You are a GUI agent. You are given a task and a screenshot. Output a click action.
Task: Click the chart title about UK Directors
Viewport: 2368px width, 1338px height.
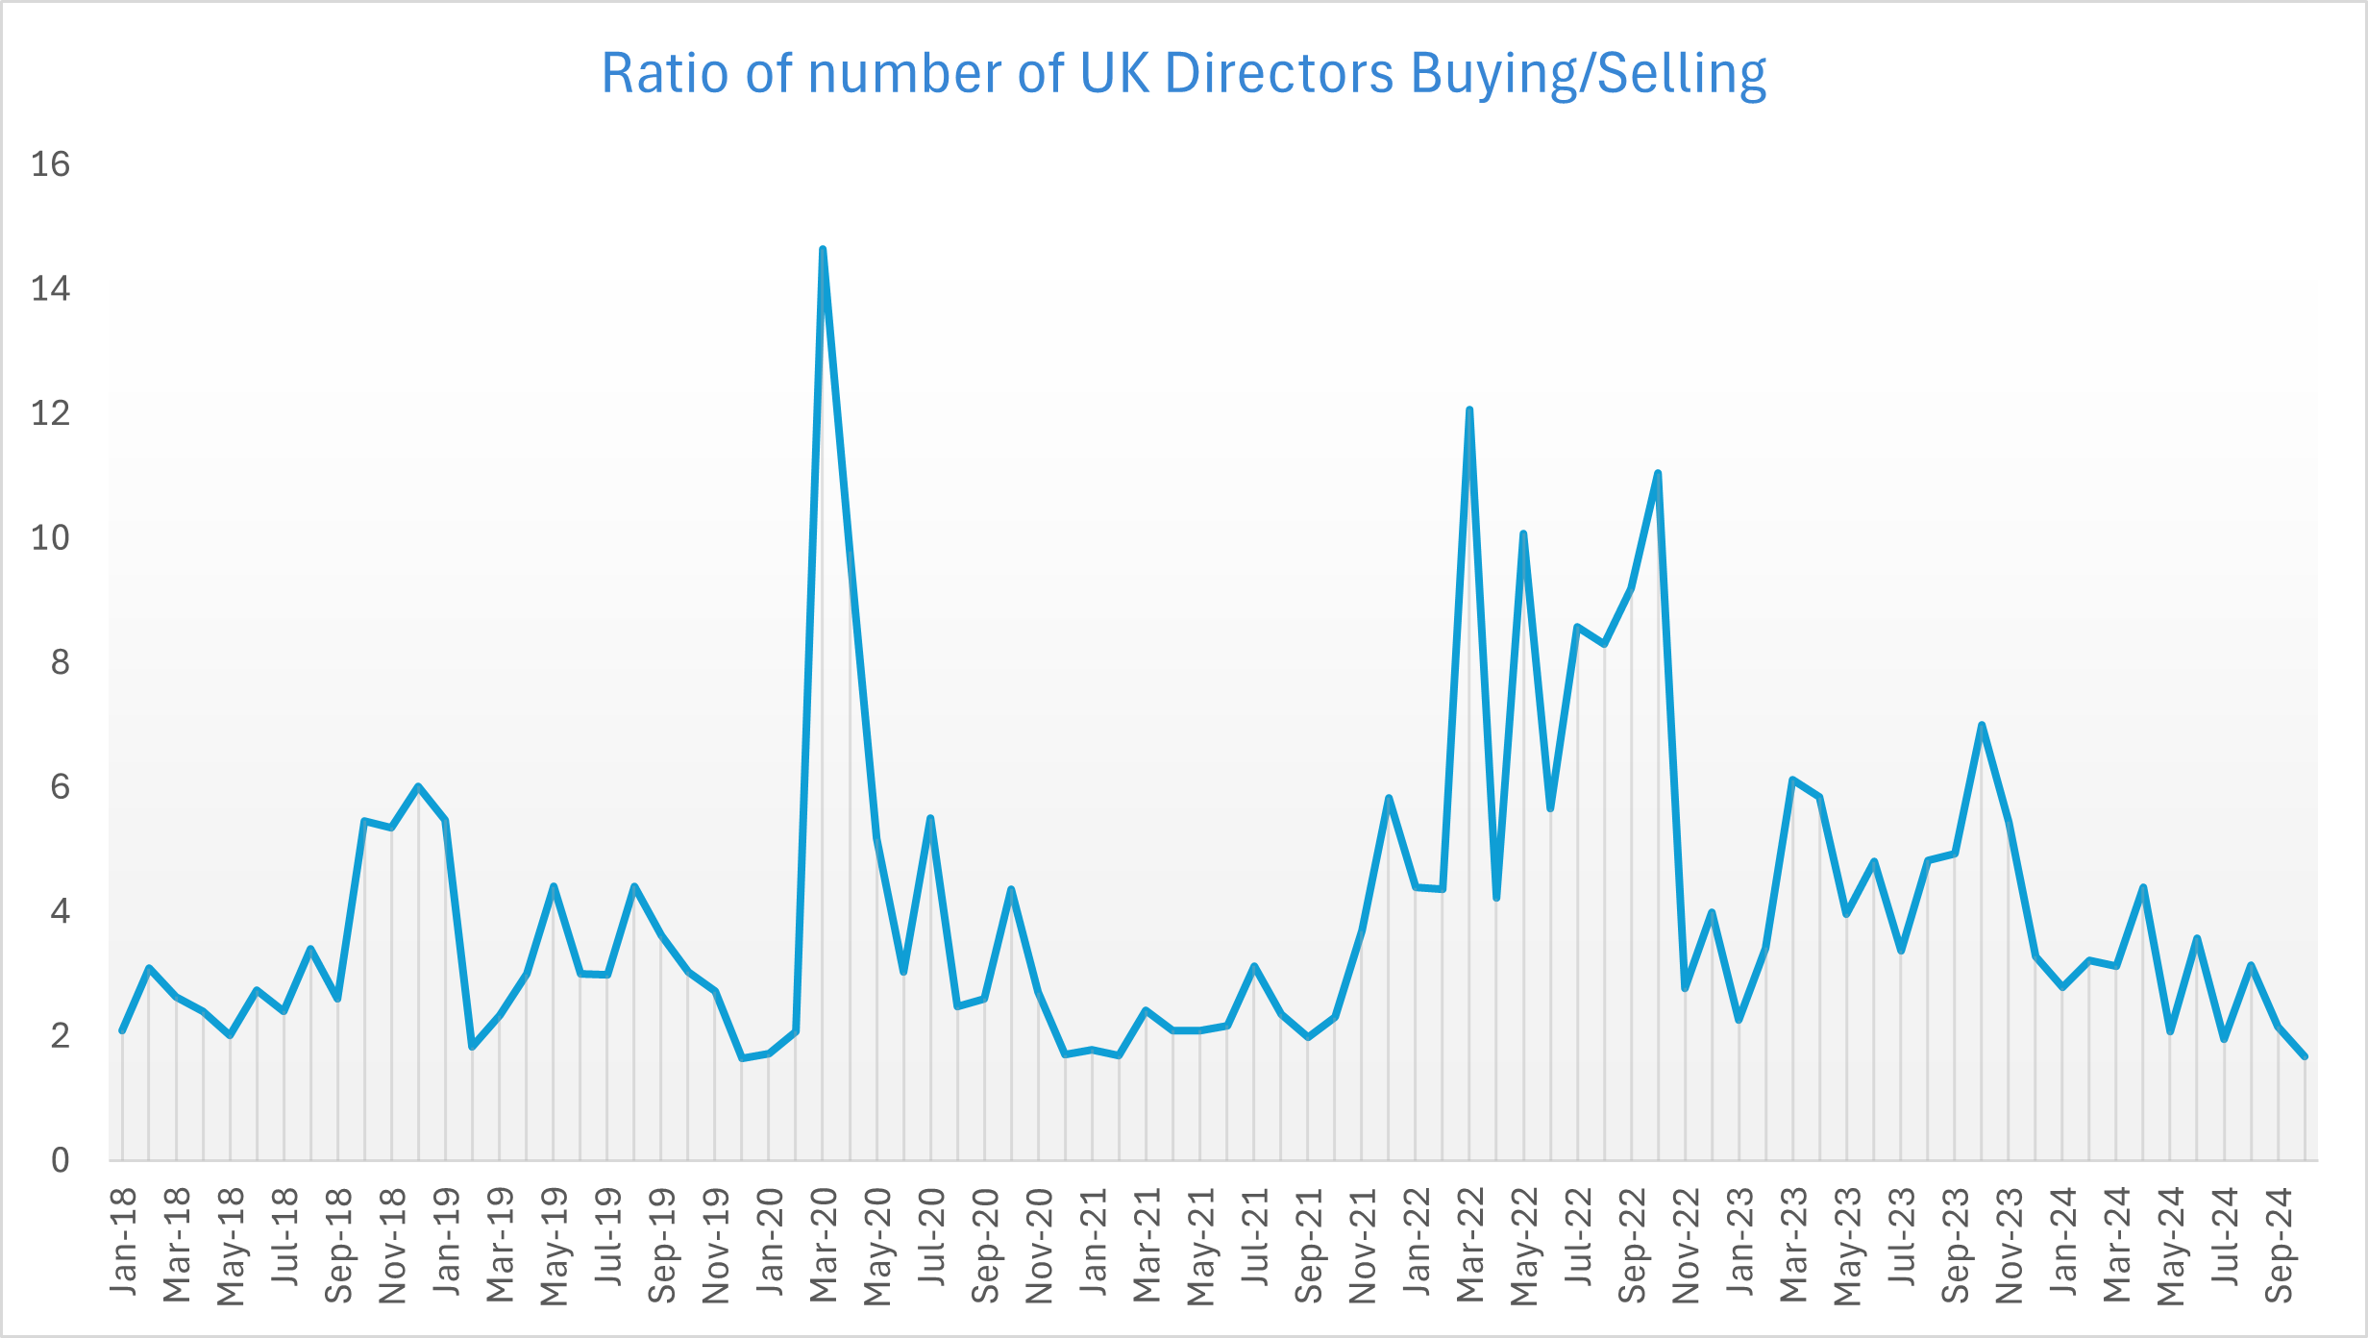(x=1183, y=73)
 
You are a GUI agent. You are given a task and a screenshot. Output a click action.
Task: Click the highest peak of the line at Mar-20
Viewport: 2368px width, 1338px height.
(x=823, y=250)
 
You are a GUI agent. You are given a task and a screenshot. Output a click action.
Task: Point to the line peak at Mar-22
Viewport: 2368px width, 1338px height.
(x=1469, y=410)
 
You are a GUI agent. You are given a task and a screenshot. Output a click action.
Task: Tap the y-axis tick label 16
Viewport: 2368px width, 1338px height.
(x=50, y=164)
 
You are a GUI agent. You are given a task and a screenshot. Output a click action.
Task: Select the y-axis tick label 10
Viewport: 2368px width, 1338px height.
(x=50, y=538)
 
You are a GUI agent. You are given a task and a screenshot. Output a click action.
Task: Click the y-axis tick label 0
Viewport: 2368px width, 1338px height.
(x=60, y=1160)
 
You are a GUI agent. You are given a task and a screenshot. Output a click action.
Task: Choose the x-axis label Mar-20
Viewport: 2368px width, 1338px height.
(x=824, y=1245)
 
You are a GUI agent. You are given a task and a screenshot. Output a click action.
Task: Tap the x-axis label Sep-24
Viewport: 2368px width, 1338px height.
(x=2278, y=1245)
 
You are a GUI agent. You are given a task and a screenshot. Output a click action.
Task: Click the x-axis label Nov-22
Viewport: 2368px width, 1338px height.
(x=1686, y=1245)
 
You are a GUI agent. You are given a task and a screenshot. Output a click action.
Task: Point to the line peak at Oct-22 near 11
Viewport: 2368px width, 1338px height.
(x=1658, y=473)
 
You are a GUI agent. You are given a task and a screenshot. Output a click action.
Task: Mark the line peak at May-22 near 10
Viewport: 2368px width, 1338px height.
(x=1523, y=533)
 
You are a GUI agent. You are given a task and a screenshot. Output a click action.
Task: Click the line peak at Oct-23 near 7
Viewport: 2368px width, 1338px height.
(x=1982, y=725)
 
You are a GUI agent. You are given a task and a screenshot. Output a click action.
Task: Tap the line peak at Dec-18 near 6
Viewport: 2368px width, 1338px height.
(x=418, y=786)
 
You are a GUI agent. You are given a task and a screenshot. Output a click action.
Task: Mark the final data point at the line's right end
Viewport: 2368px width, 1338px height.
(x=2305, y=1056)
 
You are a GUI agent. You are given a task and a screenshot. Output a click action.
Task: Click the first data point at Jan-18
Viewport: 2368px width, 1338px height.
(x=122, y=1030)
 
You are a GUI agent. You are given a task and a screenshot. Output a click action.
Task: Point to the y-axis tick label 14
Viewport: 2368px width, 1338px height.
(x=50, y=289)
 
